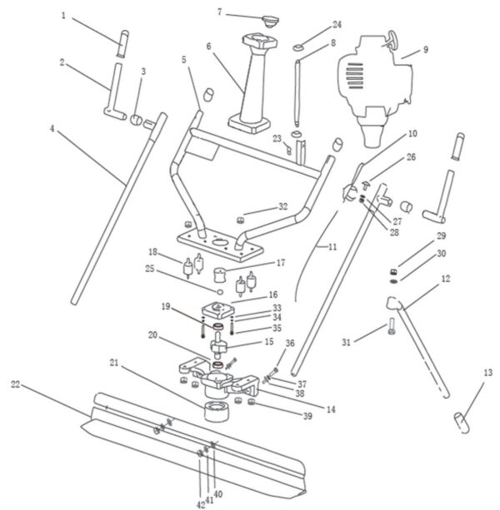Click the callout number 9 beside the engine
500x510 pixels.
click(425, 50)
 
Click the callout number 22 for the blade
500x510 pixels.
click(15, 384)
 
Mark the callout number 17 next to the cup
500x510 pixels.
click(280, 263)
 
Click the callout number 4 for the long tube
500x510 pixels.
click(52, 129)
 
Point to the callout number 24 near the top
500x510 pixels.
click(313, 25)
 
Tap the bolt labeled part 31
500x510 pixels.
click(391, 331)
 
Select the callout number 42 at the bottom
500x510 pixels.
click(200, 503)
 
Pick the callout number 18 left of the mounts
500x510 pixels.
click(153, 252)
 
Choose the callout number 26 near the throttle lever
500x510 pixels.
click(411, 156)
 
